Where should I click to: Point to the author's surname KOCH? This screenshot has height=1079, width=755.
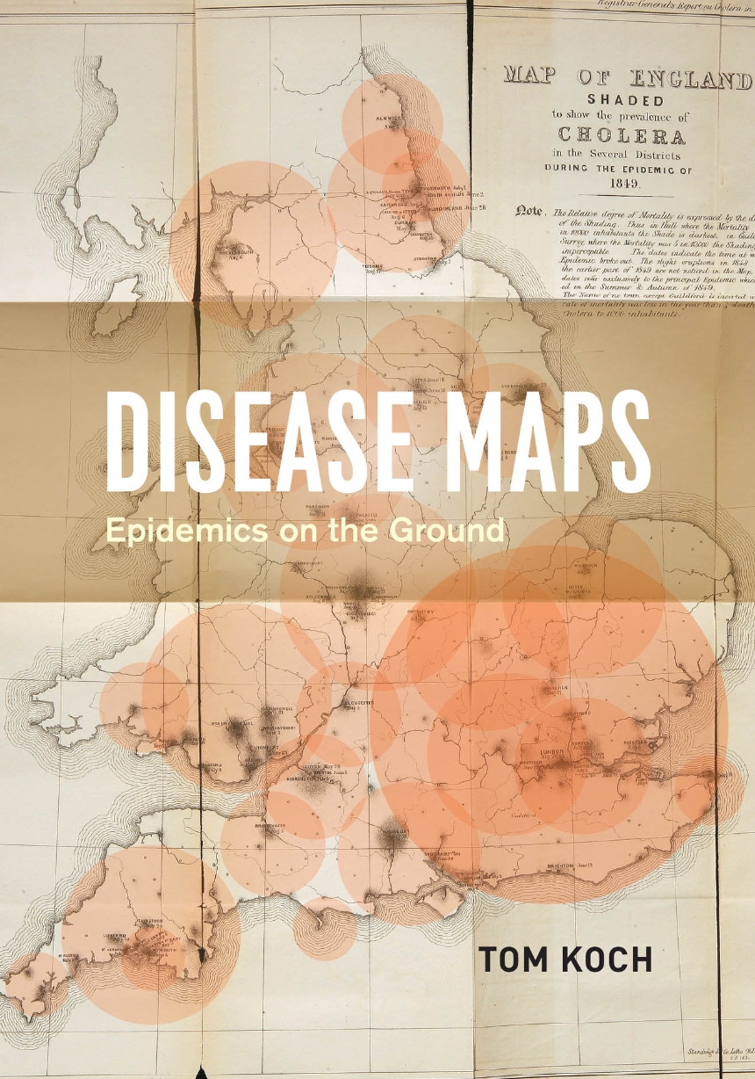[x=602, y=960]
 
